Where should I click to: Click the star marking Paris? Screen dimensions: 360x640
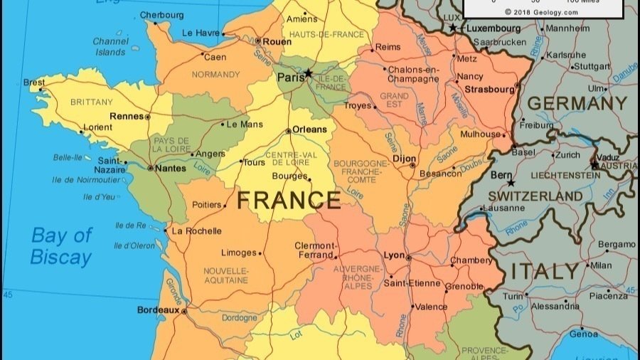308,73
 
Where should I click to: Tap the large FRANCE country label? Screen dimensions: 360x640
289,201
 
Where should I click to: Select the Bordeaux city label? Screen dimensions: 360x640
158,310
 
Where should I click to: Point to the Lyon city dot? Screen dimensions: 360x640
408,258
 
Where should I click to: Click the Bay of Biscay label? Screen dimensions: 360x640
61,246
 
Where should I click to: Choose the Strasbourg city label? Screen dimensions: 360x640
489,90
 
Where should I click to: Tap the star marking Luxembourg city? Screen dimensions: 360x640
453,28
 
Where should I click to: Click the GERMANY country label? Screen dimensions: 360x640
577,104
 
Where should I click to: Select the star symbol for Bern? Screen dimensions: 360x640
511,183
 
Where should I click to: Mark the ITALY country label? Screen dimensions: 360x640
545,271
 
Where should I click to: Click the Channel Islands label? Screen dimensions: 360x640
110,46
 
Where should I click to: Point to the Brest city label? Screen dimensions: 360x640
34,83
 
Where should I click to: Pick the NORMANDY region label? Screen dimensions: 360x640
215,75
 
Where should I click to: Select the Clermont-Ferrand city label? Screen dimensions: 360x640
314,250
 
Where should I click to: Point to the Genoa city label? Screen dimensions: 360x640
584,334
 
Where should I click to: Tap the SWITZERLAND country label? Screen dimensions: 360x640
535,196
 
